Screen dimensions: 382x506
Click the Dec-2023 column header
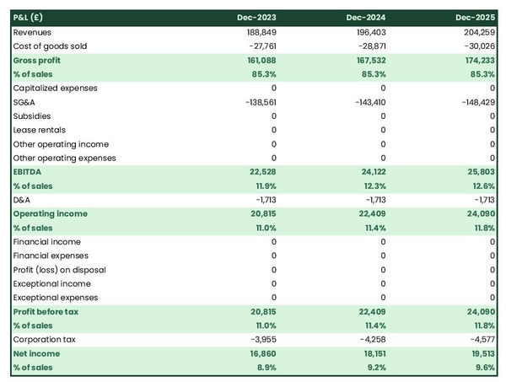(x=257, y=18)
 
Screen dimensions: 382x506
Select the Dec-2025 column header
(x=476, y=18)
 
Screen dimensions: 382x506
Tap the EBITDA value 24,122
(x=369, y=172)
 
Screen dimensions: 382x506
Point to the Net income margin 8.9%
(x=264, y=368)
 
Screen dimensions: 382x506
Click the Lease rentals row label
(x=41, y=130)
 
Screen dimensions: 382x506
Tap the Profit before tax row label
(x=47, y=312)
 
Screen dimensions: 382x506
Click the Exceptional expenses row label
(x=57, y=298)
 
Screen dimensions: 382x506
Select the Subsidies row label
(x=32, y=116)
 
